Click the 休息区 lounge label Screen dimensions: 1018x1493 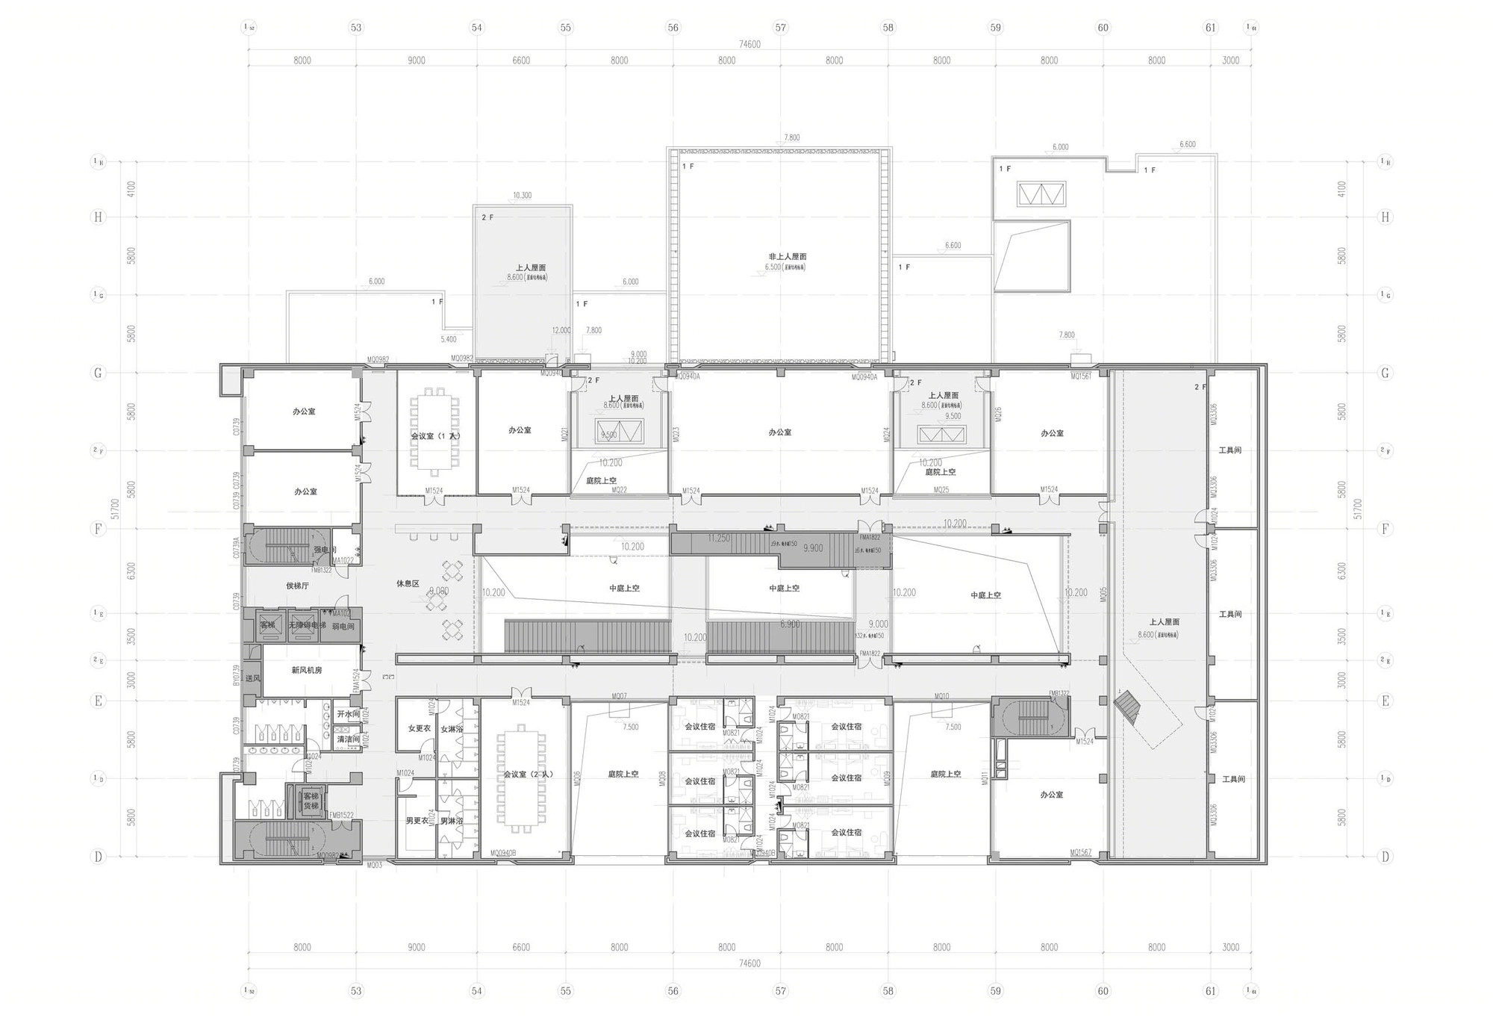tap(408, 583)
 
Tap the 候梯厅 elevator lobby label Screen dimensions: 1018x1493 tap(297, 586)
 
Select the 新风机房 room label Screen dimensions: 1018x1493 tap(306, 670)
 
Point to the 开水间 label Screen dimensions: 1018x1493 tap(348, 714)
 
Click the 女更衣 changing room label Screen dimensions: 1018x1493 tap(419, 728)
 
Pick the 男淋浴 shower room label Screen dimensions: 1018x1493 tap(452, 821)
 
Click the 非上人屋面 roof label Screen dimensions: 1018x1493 tap(787, 256)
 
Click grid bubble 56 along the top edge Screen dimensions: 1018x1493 tap(673, 28)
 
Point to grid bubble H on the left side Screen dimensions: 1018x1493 tap(98, 217)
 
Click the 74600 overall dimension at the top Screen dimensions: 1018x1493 tap(749, 44)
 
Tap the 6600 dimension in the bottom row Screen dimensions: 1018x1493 tap(520, 947)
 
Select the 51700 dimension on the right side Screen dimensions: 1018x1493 tap(1356, 509)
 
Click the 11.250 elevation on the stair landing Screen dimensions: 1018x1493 tap(718, 538)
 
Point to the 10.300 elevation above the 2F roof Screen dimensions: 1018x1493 tap(522, 196)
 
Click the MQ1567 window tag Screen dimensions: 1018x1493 tap(1080, 852)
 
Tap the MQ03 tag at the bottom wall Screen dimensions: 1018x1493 tap(374, 865)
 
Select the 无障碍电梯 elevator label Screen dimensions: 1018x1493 tap(307, 625)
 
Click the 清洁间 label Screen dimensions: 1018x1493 tap(348, 739)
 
